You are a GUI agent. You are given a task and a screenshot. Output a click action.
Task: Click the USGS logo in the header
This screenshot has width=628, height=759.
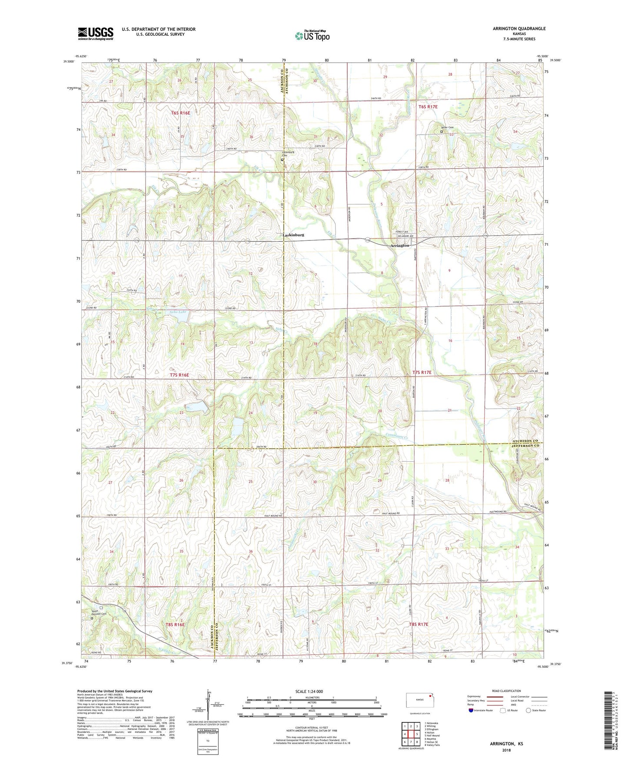pos(95,33)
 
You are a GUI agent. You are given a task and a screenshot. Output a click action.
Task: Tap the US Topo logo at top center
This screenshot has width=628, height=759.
pos(312,36)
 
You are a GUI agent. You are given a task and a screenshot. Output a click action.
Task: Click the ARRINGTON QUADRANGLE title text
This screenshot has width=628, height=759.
pos(519,29)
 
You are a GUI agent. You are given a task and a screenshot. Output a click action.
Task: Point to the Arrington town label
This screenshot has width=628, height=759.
pos(399,246)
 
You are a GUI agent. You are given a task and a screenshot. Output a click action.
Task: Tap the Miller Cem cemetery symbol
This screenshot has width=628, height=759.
pos(442,131)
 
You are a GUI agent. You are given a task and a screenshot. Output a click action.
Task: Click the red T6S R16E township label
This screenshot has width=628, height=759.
pos(180,113)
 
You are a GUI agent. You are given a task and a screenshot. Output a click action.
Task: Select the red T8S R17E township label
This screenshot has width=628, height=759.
pos(419,624)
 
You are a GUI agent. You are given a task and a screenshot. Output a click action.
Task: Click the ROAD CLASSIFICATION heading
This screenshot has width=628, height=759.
pos(506,691)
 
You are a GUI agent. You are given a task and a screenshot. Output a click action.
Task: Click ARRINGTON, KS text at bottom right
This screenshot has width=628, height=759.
pos(506,744)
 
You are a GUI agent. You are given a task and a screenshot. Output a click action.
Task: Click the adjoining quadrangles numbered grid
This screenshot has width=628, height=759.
pos(411,735)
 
